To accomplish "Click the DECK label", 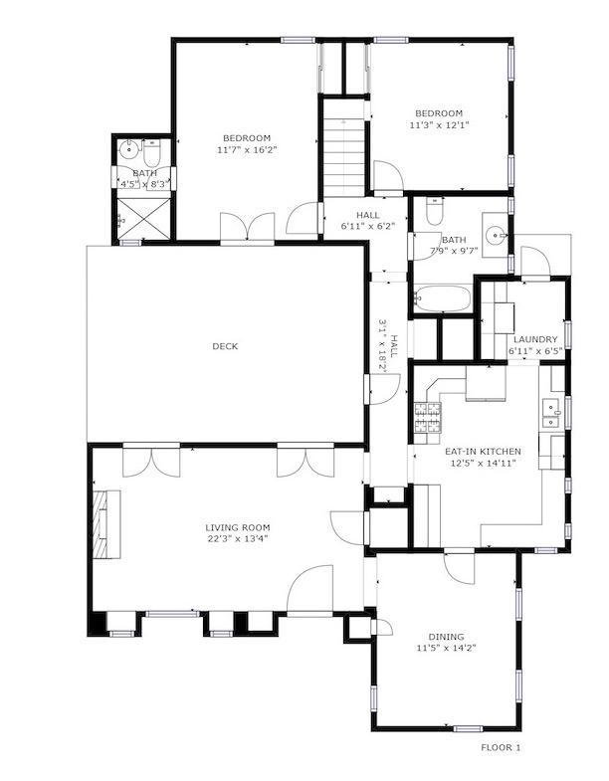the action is point(225,346).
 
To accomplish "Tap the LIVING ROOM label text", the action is point(238,527).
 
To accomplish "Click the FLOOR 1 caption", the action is point(501,747).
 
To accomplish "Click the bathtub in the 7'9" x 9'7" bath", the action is point(443,297).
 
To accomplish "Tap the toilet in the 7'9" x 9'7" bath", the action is point(435,212).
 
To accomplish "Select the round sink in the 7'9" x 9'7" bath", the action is point(496,233).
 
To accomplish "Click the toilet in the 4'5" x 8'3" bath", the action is point(151,154).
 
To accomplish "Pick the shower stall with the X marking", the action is point(143,219).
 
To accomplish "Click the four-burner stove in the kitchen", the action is point(428,417).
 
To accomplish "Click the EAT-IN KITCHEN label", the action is point(483,452).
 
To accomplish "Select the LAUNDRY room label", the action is point(535,339).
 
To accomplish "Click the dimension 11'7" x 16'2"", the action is point(247,149).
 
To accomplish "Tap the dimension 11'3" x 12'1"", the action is point(439,125).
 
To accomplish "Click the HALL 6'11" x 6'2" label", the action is point(368,220).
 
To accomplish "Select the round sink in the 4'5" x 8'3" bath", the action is point(129,148).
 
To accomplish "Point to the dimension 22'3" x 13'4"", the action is point(238,538).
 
